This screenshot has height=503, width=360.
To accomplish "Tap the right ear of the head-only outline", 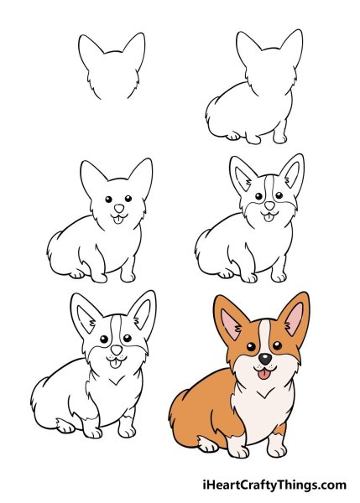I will pyautogui.click(x=133, y=48).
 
